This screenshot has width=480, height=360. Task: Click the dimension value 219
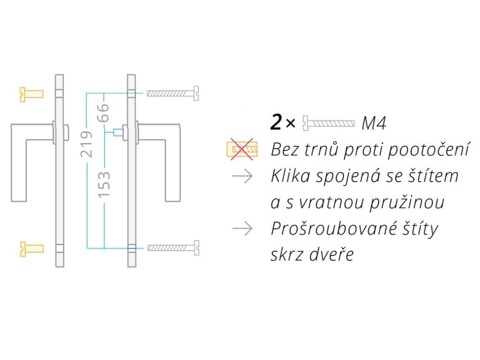click(x=87, y=143)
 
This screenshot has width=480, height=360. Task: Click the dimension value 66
click(x=104, y=112)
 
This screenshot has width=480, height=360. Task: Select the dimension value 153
click(x=104, y=183)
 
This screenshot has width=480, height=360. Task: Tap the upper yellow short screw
click(x=31, y=94)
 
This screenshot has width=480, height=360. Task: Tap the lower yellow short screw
click(x=31, y=248)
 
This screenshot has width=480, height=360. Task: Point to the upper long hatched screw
click(x=173, y=94)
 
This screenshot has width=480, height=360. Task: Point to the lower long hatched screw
click(x=173, y=247)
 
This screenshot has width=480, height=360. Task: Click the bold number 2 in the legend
click(x=277, y=123)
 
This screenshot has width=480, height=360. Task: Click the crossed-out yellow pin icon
click(x=242, y=150)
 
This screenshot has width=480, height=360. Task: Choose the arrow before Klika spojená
click(x=242, y=176)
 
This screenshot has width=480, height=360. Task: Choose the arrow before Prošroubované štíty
click(x=242, y=229)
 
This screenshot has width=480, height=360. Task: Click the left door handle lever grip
click(x=19, y=164)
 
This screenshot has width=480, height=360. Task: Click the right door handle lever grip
click(x=173, y=164)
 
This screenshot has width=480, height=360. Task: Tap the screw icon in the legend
click(x=328, y=124)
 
